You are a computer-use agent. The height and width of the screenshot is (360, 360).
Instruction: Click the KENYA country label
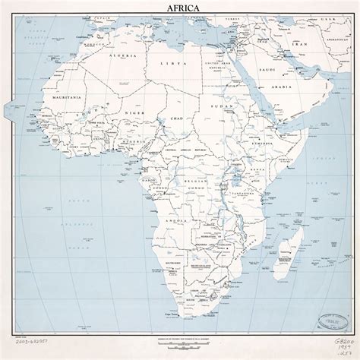click(x=257, y=187)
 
